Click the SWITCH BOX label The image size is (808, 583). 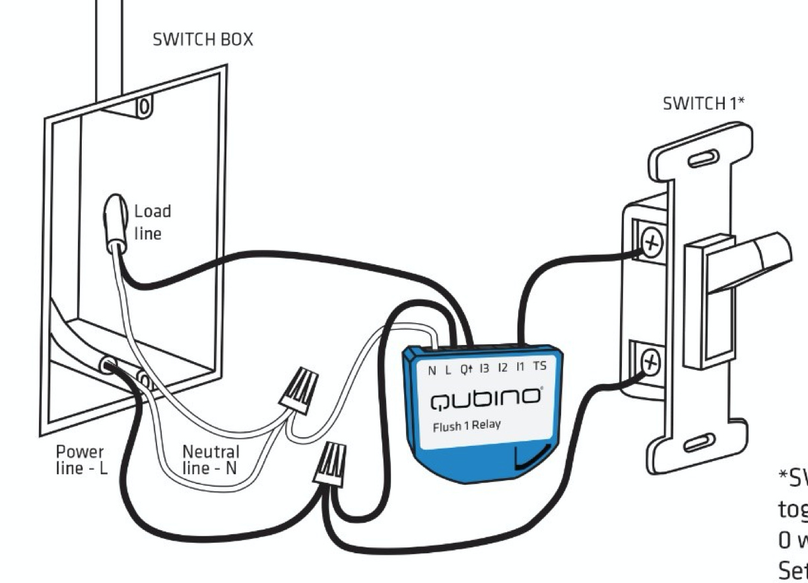coord(203,40)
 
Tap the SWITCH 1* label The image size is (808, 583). coord(704,104)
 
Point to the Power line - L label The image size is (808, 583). coord(80,459)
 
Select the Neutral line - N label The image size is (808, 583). coord(211,459)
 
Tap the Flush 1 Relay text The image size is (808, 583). coord(466,426)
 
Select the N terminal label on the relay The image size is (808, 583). coord(432,371)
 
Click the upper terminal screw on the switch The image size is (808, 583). coord(652,244)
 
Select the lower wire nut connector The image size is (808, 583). coord(332,464)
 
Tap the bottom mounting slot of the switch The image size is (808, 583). coord(699,442)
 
